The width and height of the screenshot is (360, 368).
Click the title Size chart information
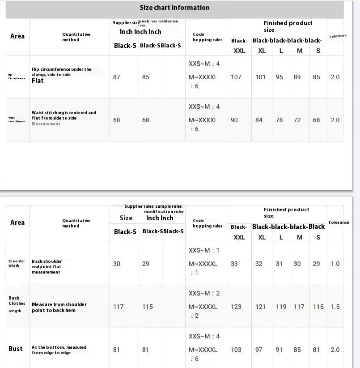pyautogui.click(x=174, y=8)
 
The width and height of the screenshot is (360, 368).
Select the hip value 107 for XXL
pyautogui.click(x=236, y=77)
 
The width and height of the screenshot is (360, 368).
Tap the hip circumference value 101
pyautogui.click(x=260, y=77)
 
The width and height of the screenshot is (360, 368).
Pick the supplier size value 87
pyautogui.click(x=117, y=77)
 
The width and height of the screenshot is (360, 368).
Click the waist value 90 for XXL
pyautogui.click(x=234, y=120)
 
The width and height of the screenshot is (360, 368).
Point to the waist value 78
pyautogui.click(x=279, y=120)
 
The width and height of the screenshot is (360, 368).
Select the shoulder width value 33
pyautogui.click(x=234, y=264)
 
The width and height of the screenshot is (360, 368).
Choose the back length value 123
pyautogui.click(x=236, y=307)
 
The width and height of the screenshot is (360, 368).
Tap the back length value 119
pyautogui.click(x=281, y=307)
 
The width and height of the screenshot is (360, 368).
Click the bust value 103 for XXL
pyautogui.click(x=236, y=350)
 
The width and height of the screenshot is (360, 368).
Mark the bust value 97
pyautogui.click(x=259, y=350)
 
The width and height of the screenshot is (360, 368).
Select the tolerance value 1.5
pyautogui.click(x=335, y=307)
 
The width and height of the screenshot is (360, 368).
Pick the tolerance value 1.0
pyautogui.click(x=335, y=264)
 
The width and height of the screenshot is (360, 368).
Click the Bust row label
pyautogui.click(x=16, y=349)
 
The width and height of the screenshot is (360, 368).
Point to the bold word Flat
pyautogui.click(x=38, y=81)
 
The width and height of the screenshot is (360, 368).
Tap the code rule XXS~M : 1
pyautogui.click(x=204, y=250)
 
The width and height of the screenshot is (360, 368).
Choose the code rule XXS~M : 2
pyautogui.click(x=204, y=293)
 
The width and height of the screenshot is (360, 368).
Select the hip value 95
pyautogui.click(x=280, y=77)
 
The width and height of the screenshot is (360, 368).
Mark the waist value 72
pyautogui.click(x=297, y=120)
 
